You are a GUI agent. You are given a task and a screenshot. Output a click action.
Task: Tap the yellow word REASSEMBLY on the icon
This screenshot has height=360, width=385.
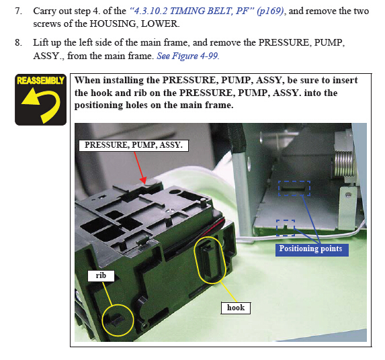[x=40, y=81]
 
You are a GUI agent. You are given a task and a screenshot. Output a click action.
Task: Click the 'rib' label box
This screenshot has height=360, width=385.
[x=101, y=276]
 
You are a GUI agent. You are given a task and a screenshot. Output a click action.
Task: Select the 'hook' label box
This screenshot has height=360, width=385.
[x=236, y=308]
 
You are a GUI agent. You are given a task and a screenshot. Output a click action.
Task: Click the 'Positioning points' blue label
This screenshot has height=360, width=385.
[x=312, y=250]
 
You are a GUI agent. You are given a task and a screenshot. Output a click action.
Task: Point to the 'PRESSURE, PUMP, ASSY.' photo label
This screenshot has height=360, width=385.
[x=134, y=145]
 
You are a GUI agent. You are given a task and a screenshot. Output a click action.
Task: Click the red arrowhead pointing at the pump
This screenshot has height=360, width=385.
[x=144, y=181]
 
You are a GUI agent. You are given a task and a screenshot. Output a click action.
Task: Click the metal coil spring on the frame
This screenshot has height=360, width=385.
[x=344, y=163]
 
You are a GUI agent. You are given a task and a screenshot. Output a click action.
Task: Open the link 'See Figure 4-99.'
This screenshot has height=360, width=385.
[x=188, y=56]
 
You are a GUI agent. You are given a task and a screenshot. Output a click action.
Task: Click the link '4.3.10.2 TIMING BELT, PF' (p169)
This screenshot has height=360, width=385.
[x=207, y=11]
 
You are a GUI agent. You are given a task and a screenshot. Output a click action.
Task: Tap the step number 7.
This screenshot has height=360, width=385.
[x=18, y=11]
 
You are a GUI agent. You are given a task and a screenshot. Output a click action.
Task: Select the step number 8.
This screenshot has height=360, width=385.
[x=18, y=42]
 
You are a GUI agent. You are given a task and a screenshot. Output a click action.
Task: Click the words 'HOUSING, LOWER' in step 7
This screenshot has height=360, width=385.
[x=134, y=24]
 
